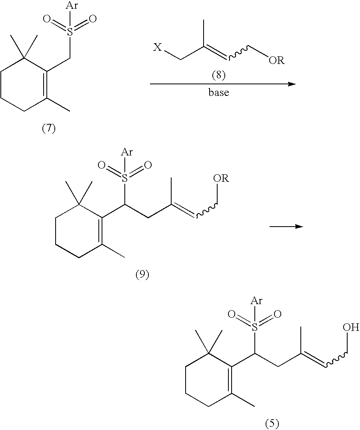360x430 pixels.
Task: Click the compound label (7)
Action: coord(49,129)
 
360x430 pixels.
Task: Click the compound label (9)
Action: coord(142,276)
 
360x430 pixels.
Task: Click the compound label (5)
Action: coord(272,422)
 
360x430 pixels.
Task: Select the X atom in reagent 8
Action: coord(158,48)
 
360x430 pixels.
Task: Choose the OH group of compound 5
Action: coord(351,328)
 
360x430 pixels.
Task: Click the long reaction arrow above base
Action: coord(222,84)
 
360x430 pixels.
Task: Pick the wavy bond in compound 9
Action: coord(206,211)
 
